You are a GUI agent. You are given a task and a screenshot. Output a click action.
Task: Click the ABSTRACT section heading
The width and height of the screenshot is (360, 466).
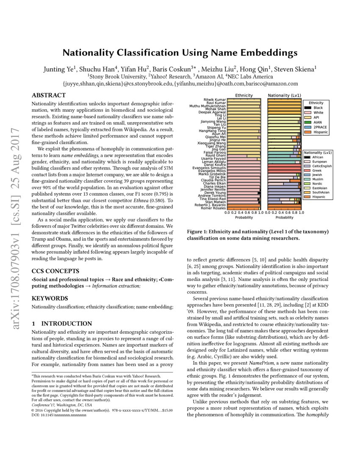coord(49,95)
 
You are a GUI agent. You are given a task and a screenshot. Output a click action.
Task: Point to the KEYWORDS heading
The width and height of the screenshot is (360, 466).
coord(50,298)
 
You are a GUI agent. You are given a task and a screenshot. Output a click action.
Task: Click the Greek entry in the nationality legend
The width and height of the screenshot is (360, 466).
coord(317,170)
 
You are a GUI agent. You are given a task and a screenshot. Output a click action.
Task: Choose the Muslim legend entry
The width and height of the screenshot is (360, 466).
coord(318,179)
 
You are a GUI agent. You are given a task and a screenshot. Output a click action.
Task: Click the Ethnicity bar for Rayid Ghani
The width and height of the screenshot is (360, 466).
coord(244,155)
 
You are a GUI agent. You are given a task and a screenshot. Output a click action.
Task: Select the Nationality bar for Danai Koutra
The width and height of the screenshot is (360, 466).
coord(284,165)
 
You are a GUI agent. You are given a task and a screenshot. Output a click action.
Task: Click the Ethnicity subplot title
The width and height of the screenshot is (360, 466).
coord(244,95)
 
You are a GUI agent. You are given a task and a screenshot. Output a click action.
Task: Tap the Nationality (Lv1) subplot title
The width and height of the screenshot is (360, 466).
coord(284,95)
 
